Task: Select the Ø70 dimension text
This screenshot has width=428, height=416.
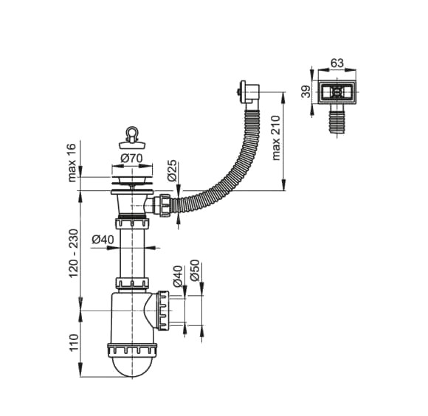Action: (131, 157)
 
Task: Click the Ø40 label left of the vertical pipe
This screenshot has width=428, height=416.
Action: (103, 239)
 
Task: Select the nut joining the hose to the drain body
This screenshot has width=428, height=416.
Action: (165, 202)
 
